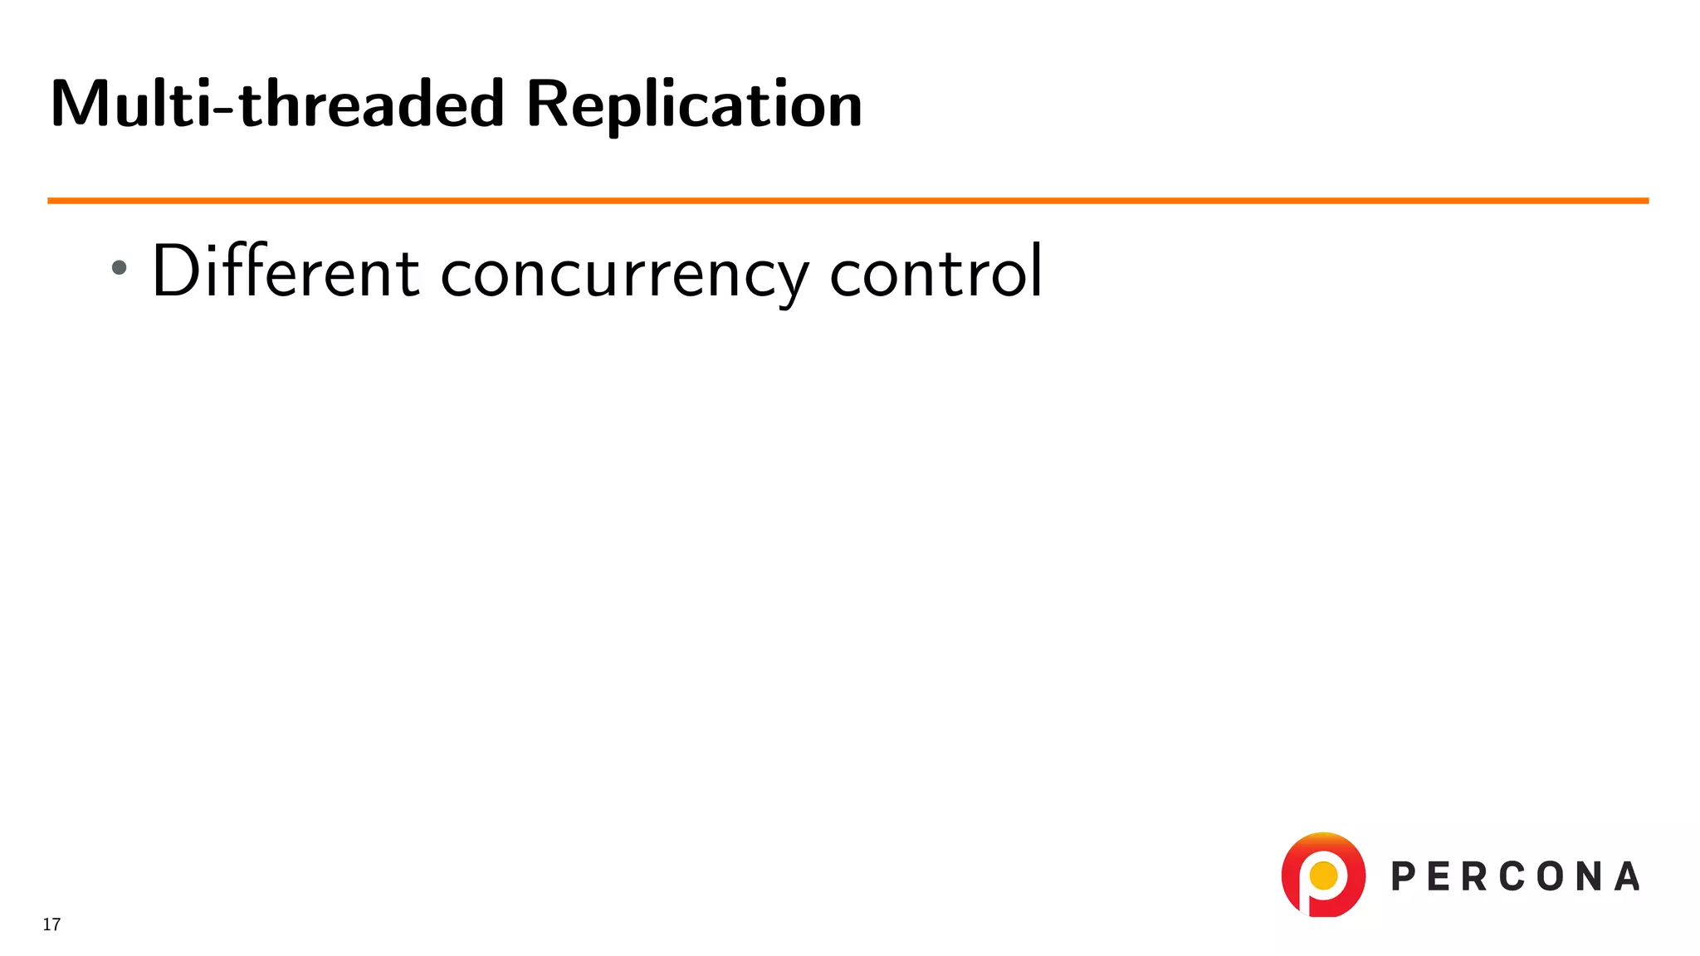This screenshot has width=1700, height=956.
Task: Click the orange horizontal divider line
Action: [x=847, y=201]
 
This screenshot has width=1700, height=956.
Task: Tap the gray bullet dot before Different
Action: [x=120, y=267]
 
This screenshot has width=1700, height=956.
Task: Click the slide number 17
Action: [x=51, y=924]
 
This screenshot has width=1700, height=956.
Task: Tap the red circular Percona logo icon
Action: [x=1323, y=875]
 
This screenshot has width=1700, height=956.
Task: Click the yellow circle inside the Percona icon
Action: [x=1323, y=875]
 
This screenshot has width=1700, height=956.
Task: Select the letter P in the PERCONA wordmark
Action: [x=1404, y=877]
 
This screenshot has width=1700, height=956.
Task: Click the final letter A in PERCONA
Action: [x=1627, y=877]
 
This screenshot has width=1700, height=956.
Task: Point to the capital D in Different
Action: [x=175, y=271]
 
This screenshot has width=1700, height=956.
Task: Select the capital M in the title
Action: [x=81, y=105]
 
